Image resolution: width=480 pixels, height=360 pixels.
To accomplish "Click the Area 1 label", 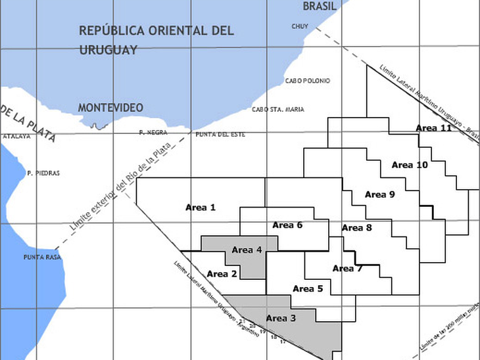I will click(x=201, y=208).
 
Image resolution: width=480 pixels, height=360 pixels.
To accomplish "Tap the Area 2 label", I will click(x=222, y=273).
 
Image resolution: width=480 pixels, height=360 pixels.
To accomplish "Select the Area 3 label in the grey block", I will click(x=281, y=319).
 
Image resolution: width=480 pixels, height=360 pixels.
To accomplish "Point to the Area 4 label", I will click(x=247, y=250).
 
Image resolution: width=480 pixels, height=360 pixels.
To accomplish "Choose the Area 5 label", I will click(x=308, y=288).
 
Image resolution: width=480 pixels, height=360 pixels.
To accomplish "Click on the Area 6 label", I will click(x=287, y=225).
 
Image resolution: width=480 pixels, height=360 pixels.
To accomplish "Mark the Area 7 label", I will click(x=347, y=268).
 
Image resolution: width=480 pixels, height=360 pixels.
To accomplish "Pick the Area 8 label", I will click(x=357, y=228).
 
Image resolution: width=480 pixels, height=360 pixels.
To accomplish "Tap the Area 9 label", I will click(x=380, y=194).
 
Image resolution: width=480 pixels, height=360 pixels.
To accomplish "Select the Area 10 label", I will click(x=410, y=165).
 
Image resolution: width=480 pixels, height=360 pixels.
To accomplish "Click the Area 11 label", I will click(x=433, y=127).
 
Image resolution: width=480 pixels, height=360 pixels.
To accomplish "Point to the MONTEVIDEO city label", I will click(x=110, y=107).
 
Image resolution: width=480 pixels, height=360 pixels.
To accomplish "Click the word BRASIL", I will click(x=320, y=6).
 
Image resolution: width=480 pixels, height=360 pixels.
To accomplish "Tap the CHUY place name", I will click(x=299, y=26).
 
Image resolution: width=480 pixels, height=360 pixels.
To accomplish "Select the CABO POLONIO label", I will click(x=308, y=81).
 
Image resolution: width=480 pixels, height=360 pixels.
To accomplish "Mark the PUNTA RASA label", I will click(x=42, y=257).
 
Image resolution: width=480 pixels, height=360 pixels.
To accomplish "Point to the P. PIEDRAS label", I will click(x=43, y=173).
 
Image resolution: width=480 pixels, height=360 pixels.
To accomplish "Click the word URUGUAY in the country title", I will click(x=108, y=50).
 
